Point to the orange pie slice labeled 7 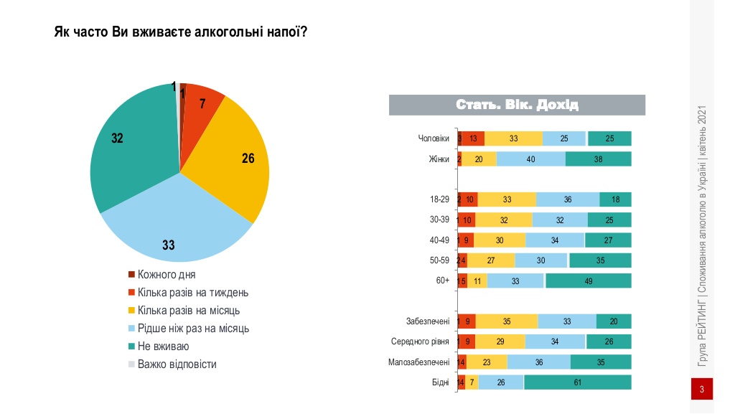click(200, 108)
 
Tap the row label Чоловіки click(434, 138)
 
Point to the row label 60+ click(442, 281)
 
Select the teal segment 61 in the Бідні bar click(577, 382)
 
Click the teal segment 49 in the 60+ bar click(588, 281)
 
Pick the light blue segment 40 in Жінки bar click(530, 159)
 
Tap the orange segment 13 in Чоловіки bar click(473, 138)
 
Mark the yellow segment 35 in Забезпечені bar click(506, 321)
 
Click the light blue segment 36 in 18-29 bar click(567, 199)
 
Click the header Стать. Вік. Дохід click(517, 105)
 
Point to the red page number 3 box click(701, 390)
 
